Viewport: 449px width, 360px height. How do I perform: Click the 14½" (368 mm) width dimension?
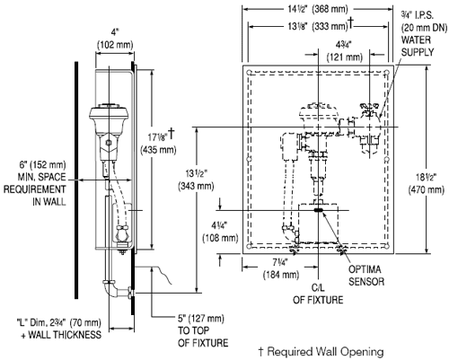[318, 9]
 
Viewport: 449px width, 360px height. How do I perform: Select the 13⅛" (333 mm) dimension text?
[321, 26]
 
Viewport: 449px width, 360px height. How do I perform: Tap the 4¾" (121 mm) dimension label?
[345, 51]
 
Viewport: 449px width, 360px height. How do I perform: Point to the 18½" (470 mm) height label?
[427, 183]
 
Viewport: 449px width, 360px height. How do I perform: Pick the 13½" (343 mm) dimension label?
[196, 180]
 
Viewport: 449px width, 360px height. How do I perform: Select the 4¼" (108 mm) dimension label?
[220, 232]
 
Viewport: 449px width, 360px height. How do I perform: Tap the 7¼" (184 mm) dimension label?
[281, 268]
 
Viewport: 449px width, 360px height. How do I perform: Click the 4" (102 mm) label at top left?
[115, 39]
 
